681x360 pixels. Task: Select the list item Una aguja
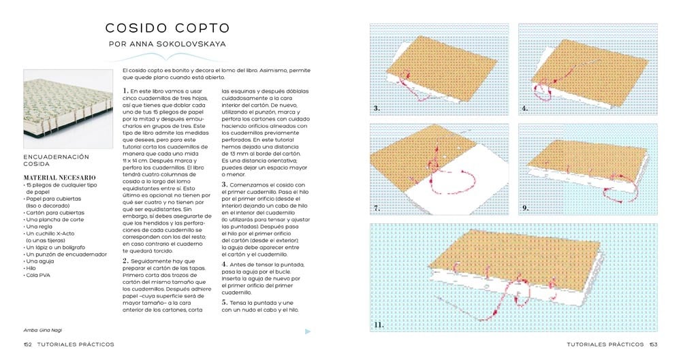[39, 261]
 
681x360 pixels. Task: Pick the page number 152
[29, 344]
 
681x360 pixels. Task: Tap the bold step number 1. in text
[126, 91]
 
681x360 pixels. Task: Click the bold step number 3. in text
[225, 184]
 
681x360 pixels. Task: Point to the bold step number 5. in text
[225, 301]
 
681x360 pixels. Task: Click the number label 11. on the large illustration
[379, 325]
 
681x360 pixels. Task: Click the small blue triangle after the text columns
[308, 331]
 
